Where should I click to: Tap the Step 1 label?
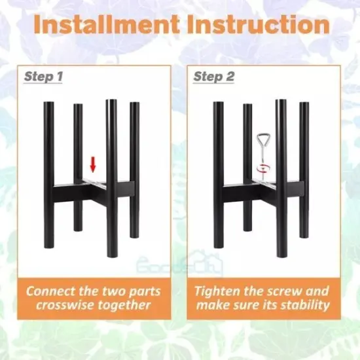pos(44,77)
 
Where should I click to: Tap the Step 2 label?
pos(214,77)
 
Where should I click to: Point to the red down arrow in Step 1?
pos(93,163)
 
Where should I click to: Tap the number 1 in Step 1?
pos(60,77)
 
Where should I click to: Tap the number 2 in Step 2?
pos(230,77)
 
